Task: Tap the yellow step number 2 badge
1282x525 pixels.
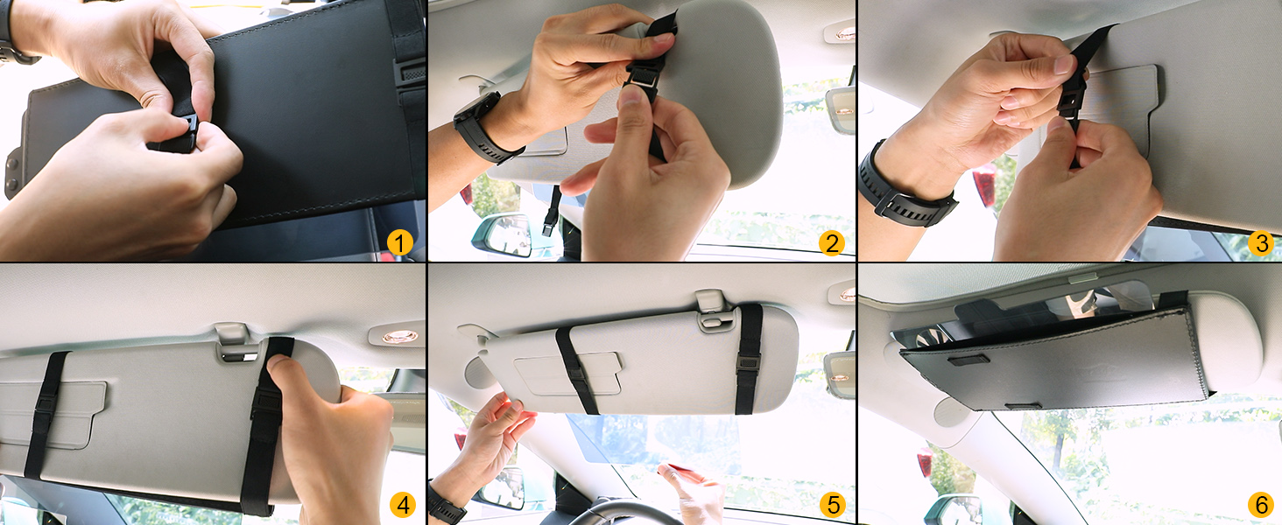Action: [832, 243]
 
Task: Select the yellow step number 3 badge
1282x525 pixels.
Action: [1261, 243]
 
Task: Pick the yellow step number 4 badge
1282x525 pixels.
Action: [402, 505]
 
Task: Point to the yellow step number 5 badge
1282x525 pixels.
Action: [833, 505]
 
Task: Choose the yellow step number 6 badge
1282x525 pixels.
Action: [1261, 505]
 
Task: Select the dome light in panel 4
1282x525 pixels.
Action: [400, 336]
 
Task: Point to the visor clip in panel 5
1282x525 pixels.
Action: [714, 311]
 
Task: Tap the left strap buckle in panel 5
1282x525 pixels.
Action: [578, 374]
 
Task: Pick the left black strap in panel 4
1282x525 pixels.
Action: [46, 414]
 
